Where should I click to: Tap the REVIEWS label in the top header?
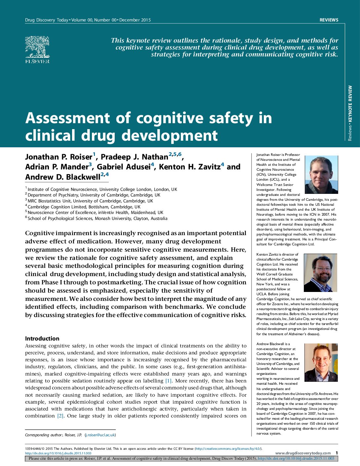pos(329,20)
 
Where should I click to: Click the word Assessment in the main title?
pos(67,118)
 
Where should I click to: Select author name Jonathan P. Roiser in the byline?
pos(59,157)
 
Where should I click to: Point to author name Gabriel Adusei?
pos(124,167)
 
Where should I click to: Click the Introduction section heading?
pos(42,339)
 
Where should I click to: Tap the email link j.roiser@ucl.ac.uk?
pos(100,435)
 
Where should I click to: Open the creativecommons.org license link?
pos(228,448)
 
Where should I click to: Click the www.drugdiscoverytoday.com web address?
pos(303,453)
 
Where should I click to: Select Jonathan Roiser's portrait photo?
pos(321,175)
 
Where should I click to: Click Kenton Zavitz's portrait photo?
pos(320,273)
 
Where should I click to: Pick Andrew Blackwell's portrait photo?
pos(321,363)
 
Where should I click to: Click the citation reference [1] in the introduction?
pos(169,381)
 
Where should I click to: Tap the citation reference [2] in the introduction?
pos(60,416)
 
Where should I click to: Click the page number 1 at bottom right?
pos(337,453)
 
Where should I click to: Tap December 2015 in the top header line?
pos(135,20)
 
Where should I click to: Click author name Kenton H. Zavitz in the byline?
pos(189,167)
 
